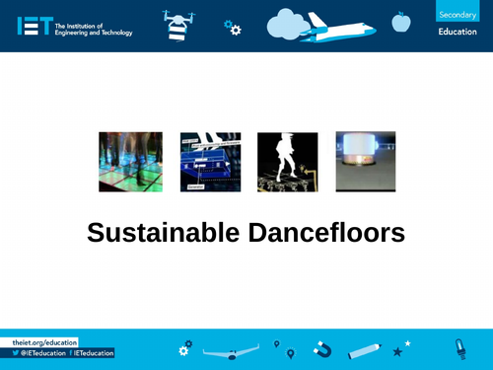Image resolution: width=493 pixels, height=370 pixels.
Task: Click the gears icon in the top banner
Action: (233, 28)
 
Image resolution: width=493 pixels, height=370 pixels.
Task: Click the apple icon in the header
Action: (400, 21)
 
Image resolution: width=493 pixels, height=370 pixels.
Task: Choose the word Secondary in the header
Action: (457, 15)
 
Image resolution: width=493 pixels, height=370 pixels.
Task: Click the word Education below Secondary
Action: (457, 33)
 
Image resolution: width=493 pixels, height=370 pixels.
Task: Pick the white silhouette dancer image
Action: (287, 161)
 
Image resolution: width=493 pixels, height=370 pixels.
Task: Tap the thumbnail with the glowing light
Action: (365, 161)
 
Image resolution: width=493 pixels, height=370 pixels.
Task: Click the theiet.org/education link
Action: (43, 340)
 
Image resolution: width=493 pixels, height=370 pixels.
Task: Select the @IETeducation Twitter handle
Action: (37, 352)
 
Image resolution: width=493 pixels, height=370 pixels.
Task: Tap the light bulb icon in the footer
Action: (459, 347)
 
